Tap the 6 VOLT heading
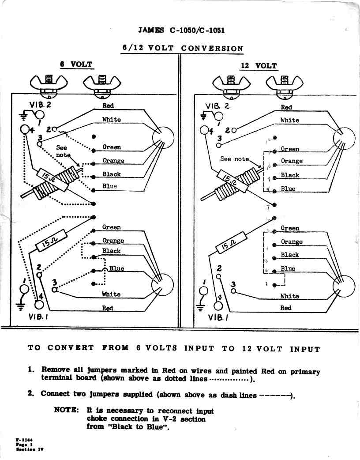[x=76, y=64]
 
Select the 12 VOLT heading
[x=259, y=66]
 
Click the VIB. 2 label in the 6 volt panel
[x=40, y=105]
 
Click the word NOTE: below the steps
[x=66, y=410]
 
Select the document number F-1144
[x=25, y=440]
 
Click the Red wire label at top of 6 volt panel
[x=108, y=106]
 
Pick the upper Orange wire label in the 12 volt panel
[x=292, y=161]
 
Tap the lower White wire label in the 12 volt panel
[x=289, y=296]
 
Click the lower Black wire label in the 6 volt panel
[x=111, y=251]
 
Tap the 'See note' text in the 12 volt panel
[x=234, y=159]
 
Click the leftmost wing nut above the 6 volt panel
[x=49, y=82]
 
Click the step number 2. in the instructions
[x=31, y=393]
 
